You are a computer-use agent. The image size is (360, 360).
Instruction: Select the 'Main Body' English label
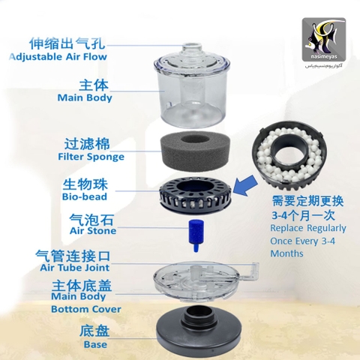coord(84,97)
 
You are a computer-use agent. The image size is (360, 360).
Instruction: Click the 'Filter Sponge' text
coord(85,157)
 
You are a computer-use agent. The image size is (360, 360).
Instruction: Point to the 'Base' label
coord(95,344)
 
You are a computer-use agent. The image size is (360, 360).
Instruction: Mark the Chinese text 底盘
coord(95,331)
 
